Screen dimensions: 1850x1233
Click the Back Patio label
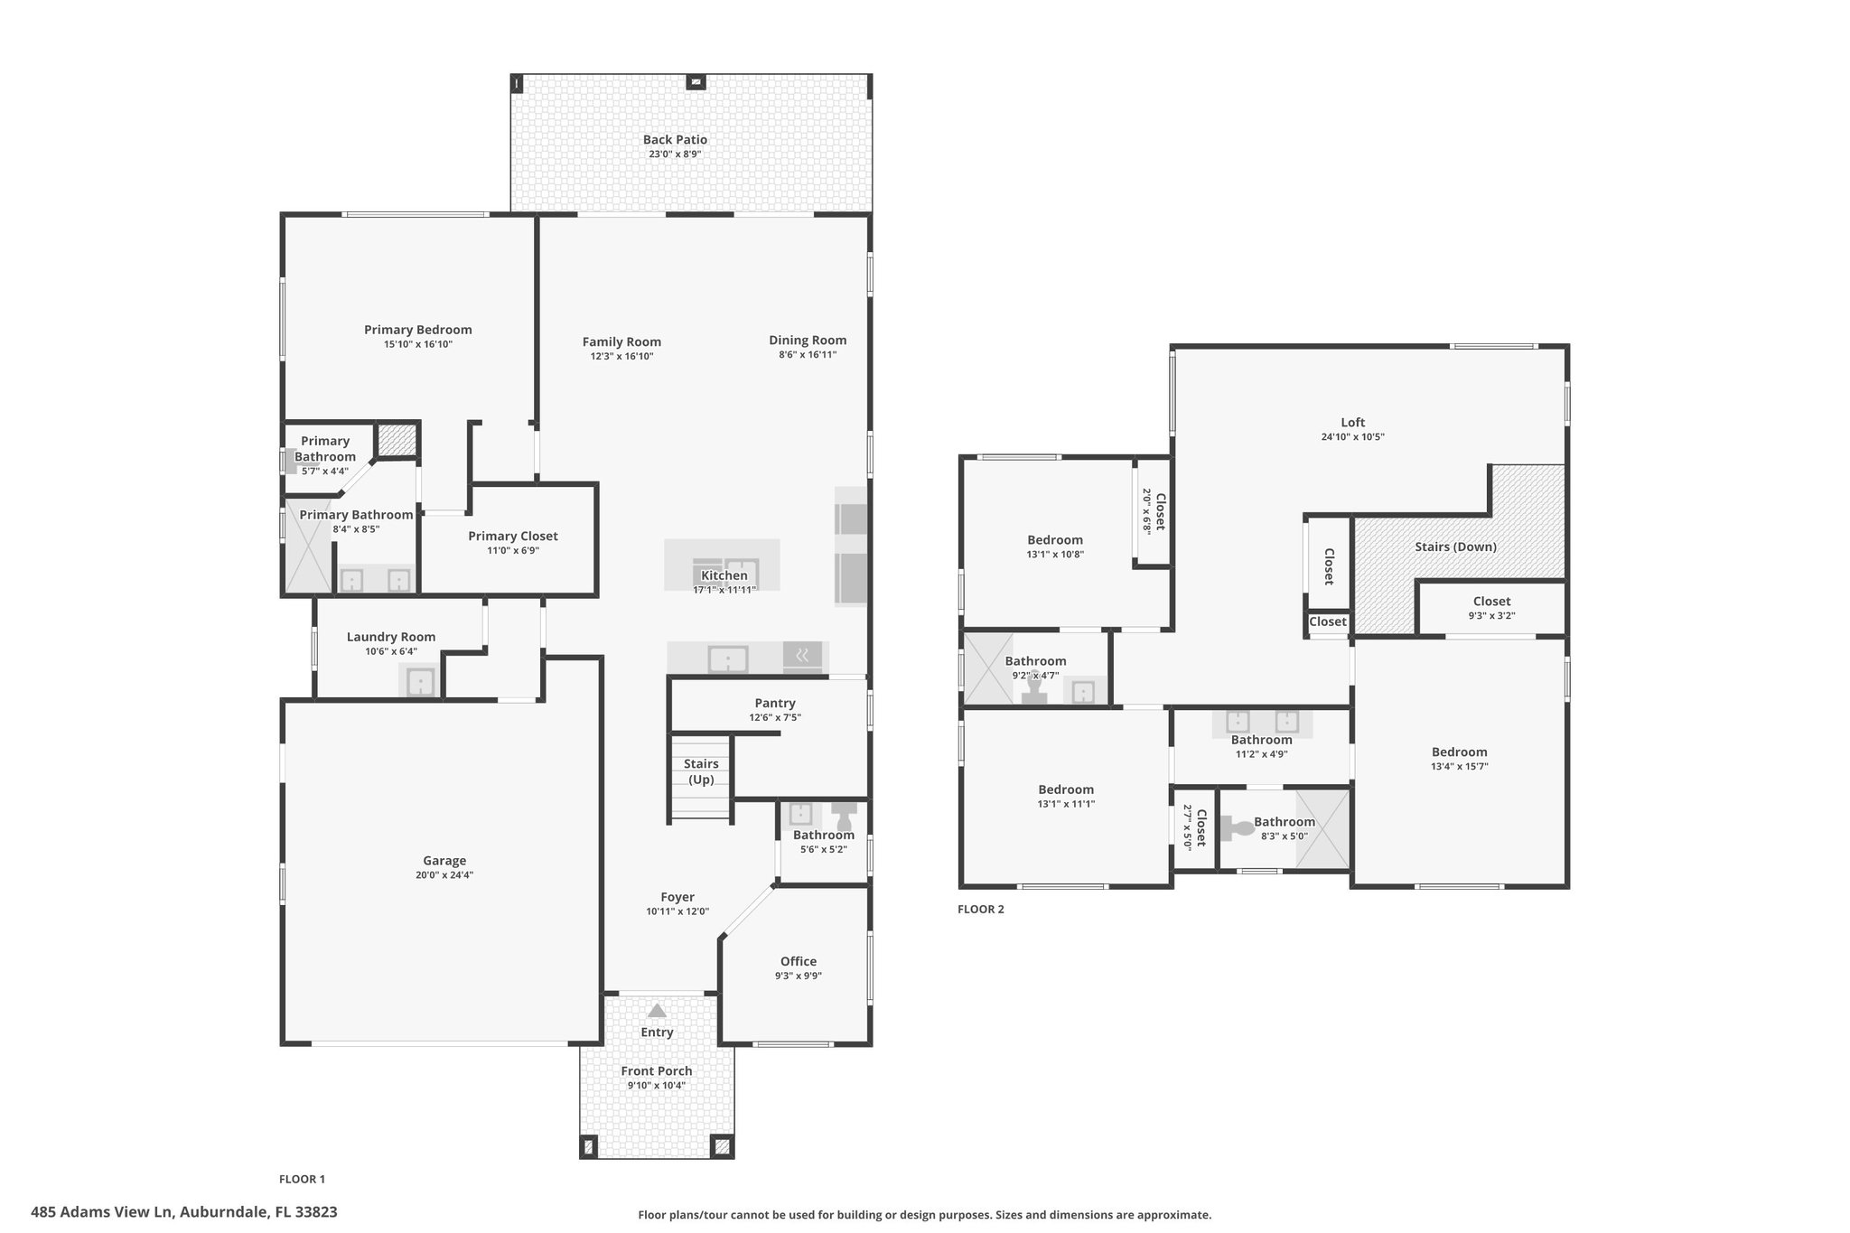675,140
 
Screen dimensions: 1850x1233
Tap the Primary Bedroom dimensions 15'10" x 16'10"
417,344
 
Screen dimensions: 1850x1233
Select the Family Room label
621,341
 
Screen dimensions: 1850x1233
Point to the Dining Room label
808,341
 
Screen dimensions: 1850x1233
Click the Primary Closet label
512,537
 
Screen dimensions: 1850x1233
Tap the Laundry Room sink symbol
420,682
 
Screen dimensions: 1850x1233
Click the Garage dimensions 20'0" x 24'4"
444,875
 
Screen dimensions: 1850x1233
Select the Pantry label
775,703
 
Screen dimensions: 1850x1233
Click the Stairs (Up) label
701,771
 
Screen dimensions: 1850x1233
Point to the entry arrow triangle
657,1011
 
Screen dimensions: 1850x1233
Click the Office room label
799,961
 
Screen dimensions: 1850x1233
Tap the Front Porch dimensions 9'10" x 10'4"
657,1086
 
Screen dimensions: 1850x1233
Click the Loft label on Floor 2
1352,422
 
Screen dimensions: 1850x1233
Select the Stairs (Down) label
1455,546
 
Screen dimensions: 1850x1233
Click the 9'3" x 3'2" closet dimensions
1491,616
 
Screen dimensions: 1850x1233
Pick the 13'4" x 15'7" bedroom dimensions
1459,767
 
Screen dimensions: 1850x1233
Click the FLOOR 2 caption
980,910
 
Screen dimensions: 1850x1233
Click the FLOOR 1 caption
302,1179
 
